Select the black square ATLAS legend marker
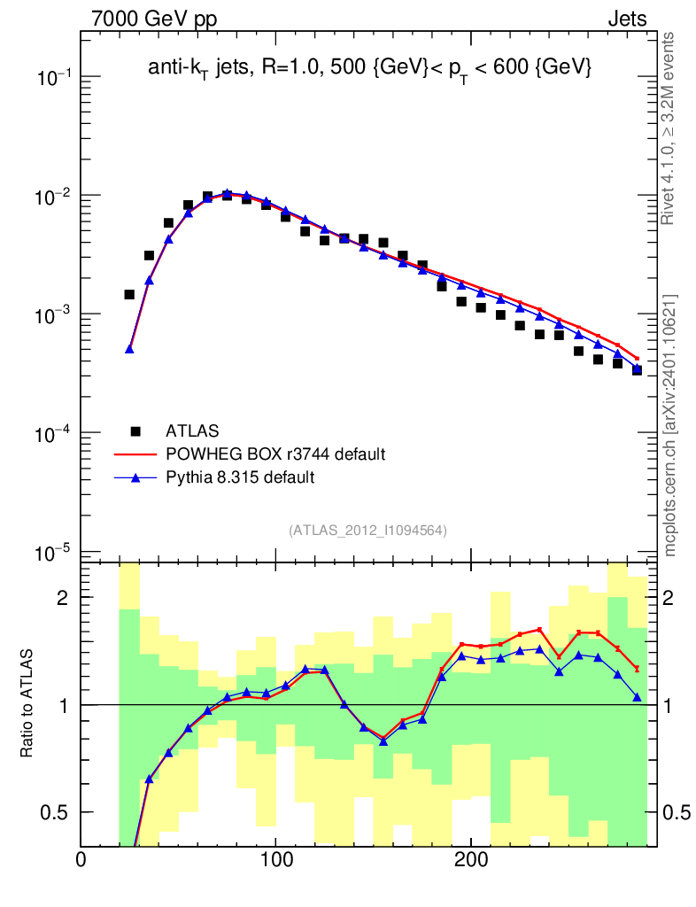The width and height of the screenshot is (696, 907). pyautogui.click(x=135, y=431)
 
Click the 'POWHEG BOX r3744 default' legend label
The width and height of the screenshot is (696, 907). pyautogui.click(x=275, y=454)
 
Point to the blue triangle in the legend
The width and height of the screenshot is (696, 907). pyautogui.click(x=135, y=477)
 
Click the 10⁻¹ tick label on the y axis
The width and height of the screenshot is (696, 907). pyautogui.click(x=55, y=78)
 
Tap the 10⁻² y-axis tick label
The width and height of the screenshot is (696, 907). pyautogui.click(x=55, y=197)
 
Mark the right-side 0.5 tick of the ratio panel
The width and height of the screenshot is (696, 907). pyautogui.click(x=677, y=812)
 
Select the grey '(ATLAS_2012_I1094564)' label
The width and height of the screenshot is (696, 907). pyautogui.click(x=367, y=531)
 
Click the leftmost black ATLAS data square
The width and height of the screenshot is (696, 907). pyautogui.click(x=129, y=294)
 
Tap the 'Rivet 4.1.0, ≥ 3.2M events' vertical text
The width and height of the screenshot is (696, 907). pyautogui.click(x=670, y=128)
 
